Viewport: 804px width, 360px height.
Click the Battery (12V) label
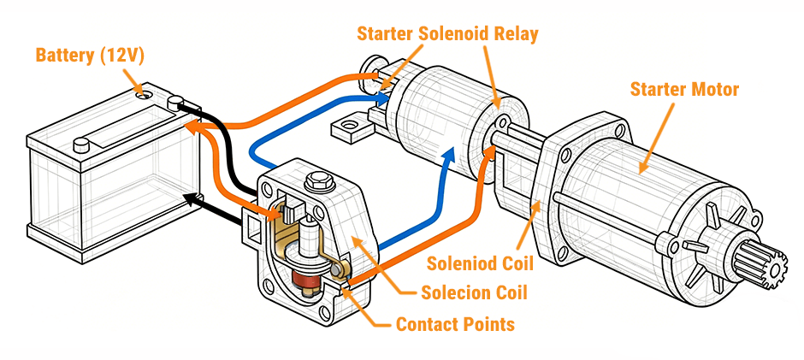pyautogui.click(x=90, y=56)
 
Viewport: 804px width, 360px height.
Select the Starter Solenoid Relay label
pyautogui.click(x=448, y=35)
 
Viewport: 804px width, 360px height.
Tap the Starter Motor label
pyautogui.click(x=684, y=89)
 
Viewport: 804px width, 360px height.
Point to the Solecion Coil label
pyautogui.click(x=474, y=293)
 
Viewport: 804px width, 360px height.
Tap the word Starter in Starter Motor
pyautogui.click(x=657, y=89)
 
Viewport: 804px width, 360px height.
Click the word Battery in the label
pyautogui.click(x=63, y=56)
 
